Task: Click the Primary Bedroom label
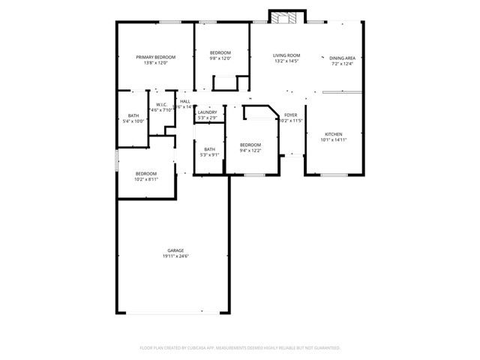[x=155, y=58]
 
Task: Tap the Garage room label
[x=175, y=250]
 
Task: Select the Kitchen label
[x=333, y=134]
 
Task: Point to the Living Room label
[x=286, y=55]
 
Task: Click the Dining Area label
[x=342, y=58]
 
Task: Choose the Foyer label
[x=290, y=115]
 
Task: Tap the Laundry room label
[x=207, y=112]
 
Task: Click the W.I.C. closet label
[x=161, y=104]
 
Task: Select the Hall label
[x=184, y=101]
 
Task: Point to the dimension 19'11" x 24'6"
[x=175, y=256]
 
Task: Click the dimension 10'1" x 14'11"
[x=333, y=139]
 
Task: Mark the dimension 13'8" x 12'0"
[x=155, y=63]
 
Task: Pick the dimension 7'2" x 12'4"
[x=342, y=64]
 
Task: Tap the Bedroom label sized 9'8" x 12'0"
[x=220, y=52]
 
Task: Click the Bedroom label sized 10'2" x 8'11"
[x=145, y=174]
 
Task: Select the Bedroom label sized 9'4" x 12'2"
[x=250, y=145]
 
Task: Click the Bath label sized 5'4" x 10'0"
[x=133, y=115]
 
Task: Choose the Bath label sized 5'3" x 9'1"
[x=209, y=149]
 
